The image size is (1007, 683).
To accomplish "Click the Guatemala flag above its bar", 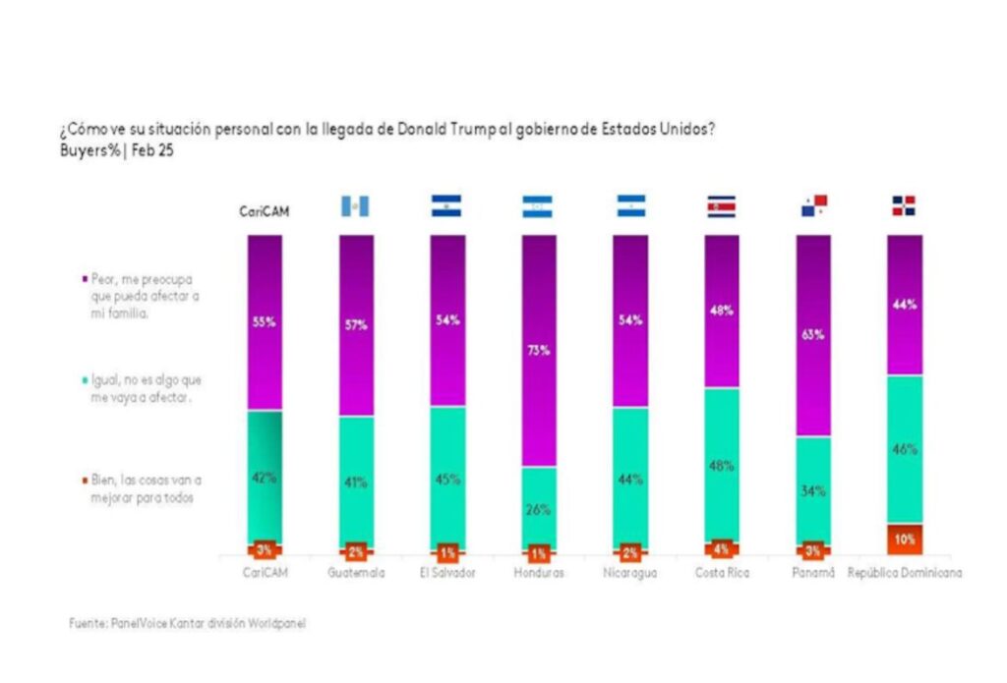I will click(x=354, y=205).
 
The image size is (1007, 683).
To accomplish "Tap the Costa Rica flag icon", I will click(x=721, y=205).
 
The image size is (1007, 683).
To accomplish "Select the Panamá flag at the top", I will click(x=813, y=205).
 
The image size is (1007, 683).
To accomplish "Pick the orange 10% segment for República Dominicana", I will click(x=904, y=539).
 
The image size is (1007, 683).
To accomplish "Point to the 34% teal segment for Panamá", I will click(x=813, y=490).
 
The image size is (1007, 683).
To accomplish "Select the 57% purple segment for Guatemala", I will click(x=355, y=325).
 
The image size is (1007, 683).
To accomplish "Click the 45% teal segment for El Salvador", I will click(x=446, y=481).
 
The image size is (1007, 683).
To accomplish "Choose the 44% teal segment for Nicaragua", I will click(x=629, y=479).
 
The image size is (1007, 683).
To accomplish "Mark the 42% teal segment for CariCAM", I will click(x=265, y=478).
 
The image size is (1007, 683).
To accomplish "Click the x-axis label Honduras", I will click(x=538, y=573).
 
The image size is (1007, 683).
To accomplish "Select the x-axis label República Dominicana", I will click(x=905, y=573).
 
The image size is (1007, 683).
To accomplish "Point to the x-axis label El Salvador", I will click(x=447, y=573).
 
